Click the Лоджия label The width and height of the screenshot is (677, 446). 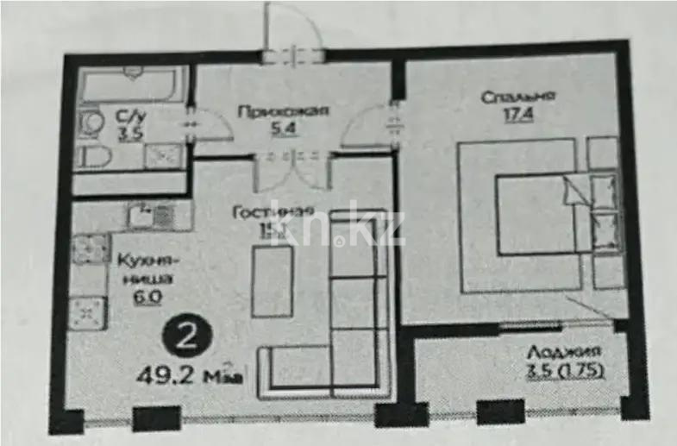pyautogui.click(x=566, y=353)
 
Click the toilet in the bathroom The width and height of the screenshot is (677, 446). pyautogui.click(x=92, y=155)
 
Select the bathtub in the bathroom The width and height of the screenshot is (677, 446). pyautogui.click(x=129, y=86)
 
